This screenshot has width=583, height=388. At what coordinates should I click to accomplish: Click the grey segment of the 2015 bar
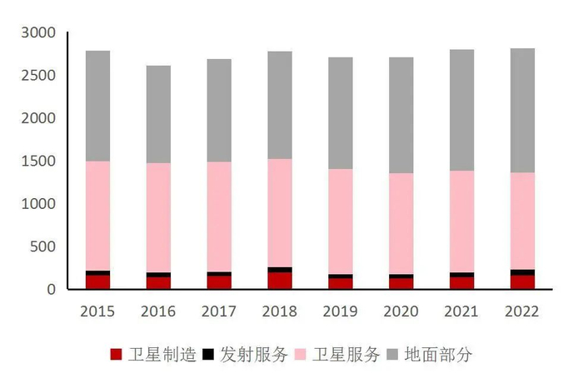point(97,106)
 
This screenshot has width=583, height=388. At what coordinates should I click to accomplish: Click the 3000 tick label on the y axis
point(37,33)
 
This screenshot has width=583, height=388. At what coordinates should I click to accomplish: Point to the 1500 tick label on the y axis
point(37,162)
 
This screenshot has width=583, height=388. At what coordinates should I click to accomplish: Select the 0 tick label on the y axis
point(50,290)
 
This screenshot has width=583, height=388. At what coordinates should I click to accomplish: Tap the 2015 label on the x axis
point(97,311)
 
